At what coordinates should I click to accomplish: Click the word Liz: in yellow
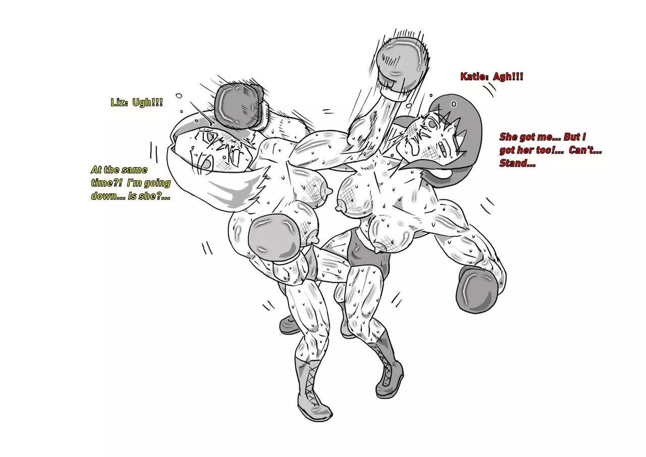click(119, 103)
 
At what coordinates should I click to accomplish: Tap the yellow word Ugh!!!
click(147, 103)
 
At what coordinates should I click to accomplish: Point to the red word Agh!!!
click(508, 77)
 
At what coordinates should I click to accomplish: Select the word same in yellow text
click(134, 170)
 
